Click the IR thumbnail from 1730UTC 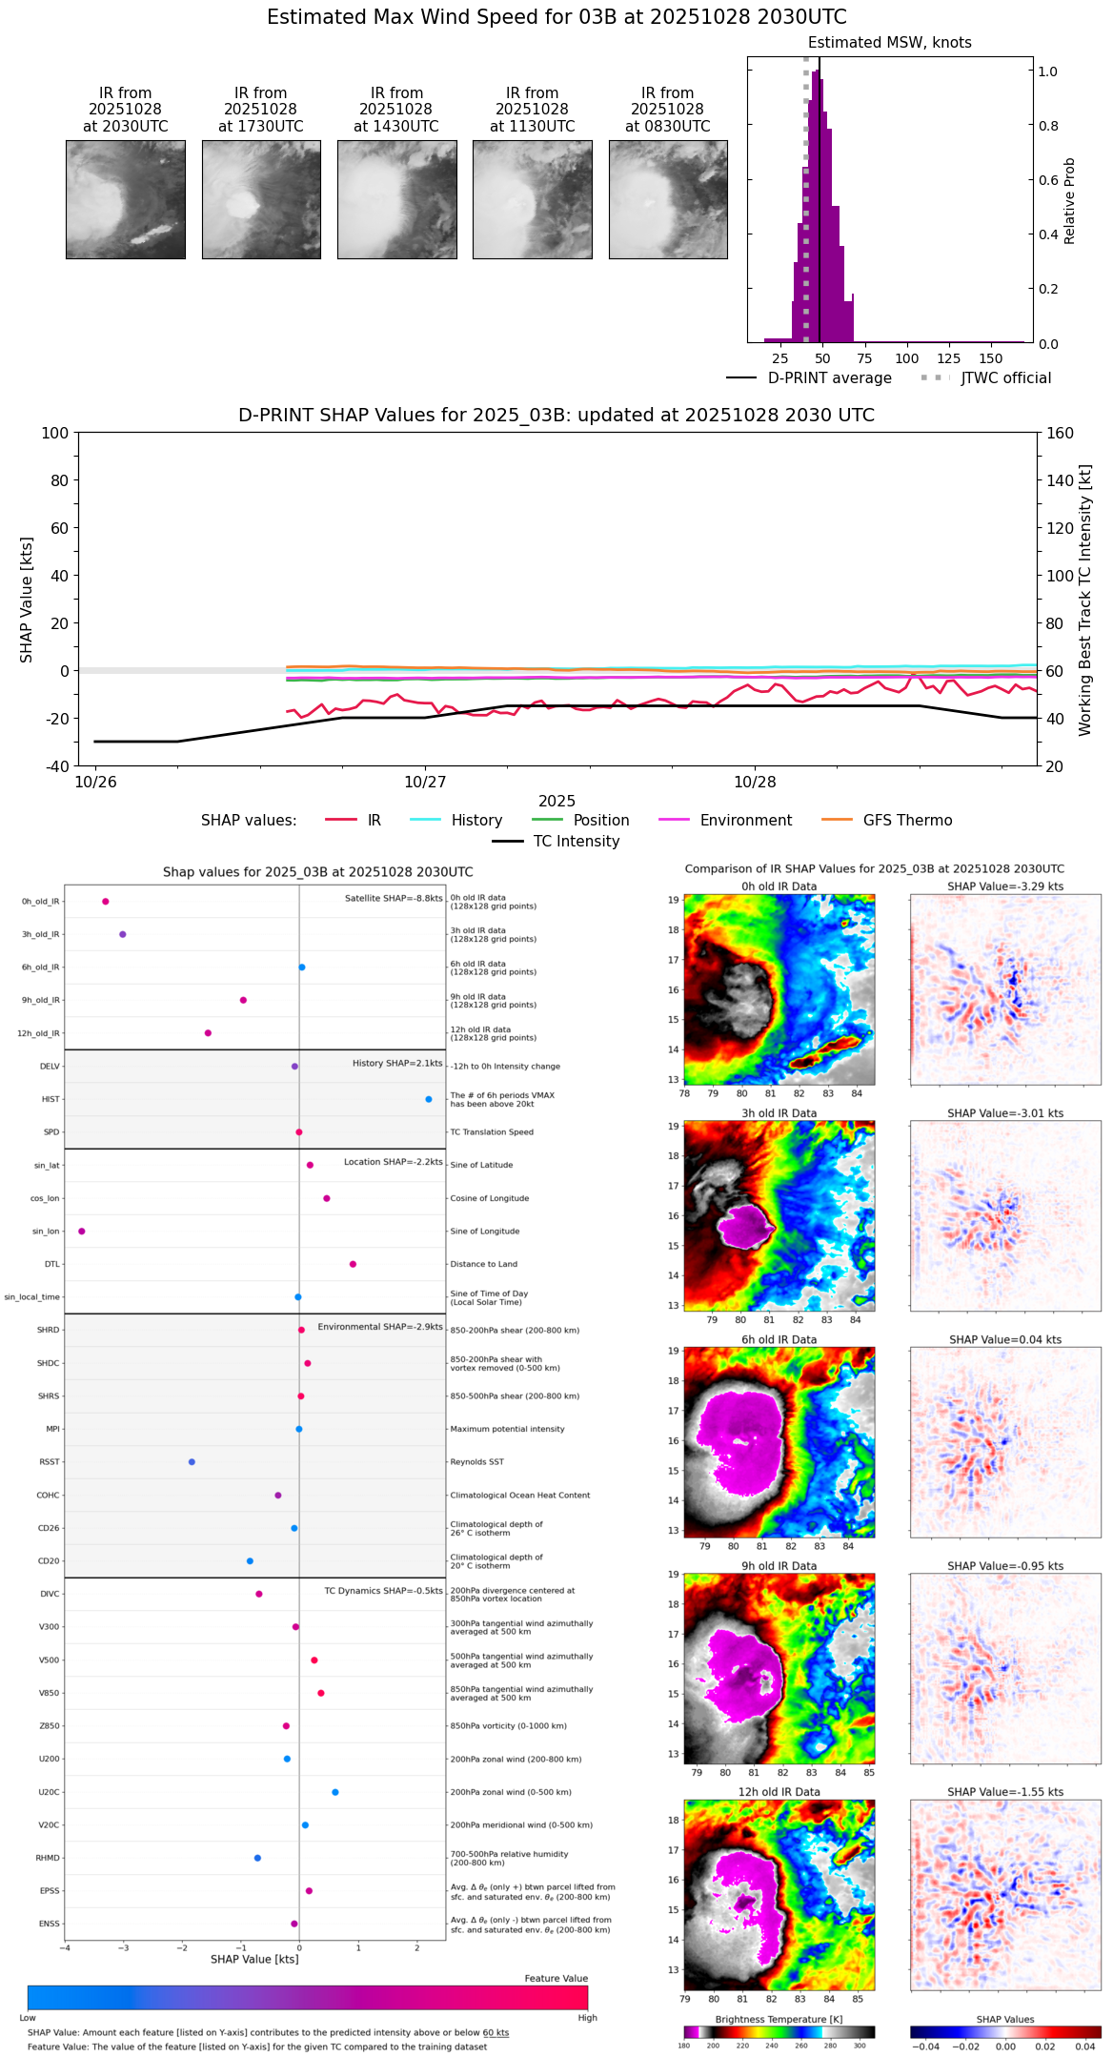coord(260,199)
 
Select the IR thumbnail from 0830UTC coord(668,199)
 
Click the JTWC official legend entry coord(1005,378)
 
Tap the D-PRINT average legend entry coord(829,378)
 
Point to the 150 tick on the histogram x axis coord(991,358)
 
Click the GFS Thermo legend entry coord(907,821)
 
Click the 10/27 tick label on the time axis coord(425,783)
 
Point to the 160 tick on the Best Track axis coord(1061,433)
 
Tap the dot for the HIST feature coord(429,1099)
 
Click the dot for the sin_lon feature coord(82,1232)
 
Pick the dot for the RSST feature coord(192,1462)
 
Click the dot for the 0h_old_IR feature coord(106,902)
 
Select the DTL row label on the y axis coord(51,1265)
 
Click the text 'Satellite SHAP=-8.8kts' coord(394,899)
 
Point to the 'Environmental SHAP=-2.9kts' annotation coord(380,1327)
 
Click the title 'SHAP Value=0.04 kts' coord(1005,1340)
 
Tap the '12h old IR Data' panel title coord(779,1792)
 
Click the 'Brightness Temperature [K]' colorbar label coord(779,2019)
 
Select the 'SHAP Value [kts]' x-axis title coord(254,1959)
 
